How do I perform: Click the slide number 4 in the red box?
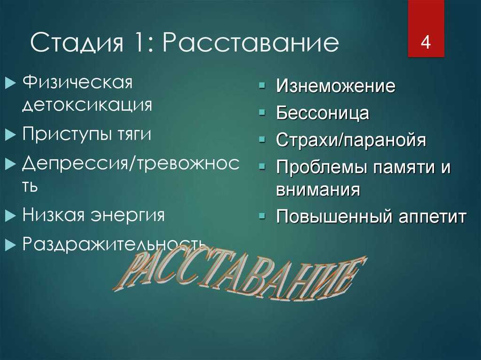[426, 42]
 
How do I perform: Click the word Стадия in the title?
[77, 43]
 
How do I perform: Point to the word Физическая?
[78, 82]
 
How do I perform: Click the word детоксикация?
[87, 105]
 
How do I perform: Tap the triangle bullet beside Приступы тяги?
[10, 135]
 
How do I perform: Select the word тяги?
[134, 135]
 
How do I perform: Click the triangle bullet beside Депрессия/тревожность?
[10, 164]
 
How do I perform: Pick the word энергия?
[128, 215]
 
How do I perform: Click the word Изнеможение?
[335, 85]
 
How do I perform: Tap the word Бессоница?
[322, 113]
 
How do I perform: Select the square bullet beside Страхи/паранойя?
[262, 139]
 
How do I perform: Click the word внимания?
[318, 190]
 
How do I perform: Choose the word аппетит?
[433, 217]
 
